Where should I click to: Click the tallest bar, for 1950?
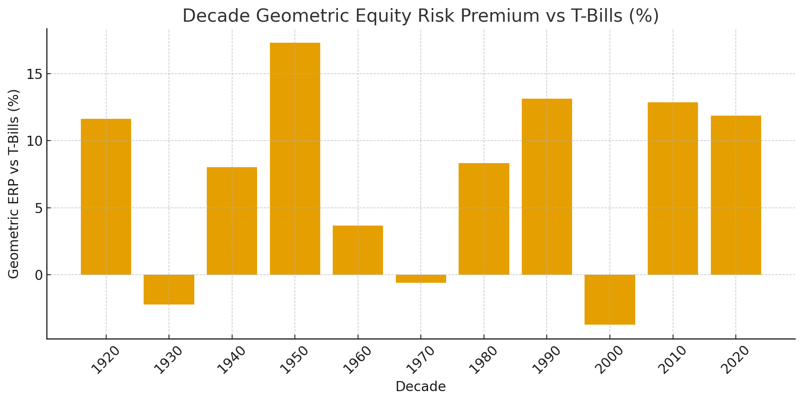(x=295, y=159)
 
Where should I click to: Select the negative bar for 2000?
(x=609, y=299)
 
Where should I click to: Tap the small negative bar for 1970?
(x=421, y=279)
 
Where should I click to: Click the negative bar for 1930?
(x=169, y=289)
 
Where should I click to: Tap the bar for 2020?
(x=736, y=195)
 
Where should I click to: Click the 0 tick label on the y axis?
(x=39, y=275)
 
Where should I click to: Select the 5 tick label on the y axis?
(x=39, y=208)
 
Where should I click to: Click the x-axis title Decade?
(x=420, y=387)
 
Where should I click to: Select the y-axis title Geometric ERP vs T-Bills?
(x=14, y=184)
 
